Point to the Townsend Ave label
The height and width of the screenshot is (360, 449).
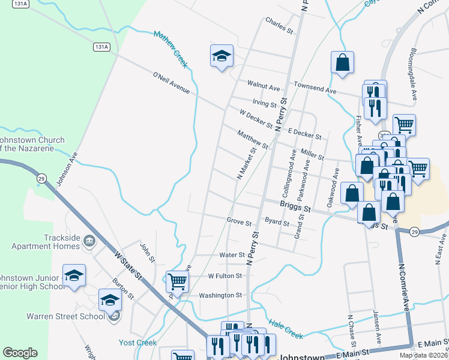pos(315,88)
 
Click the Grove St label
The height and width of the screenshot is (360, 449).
pos(239,221)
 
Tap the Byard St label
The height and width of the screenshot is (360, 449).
pos(277,223)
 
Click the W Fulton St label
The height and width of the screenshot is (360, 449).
pos(224,276)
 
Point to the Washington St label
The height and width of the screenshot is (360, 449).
pos(220,295)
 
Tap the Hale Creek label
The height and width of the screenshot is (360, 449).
pos(286,328)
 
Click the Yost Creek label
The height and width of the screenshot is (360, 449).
pos(137,343)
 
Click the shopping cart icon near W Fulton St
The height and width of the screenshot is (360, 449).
pos(176,280)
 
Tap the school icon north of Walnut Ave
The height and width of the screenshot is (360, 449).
pos(221,56)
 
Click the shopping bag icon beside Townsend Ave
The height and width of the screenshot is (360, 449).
pos(342,62)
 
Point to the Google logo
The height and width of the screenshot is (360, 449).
pos(20,353)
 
